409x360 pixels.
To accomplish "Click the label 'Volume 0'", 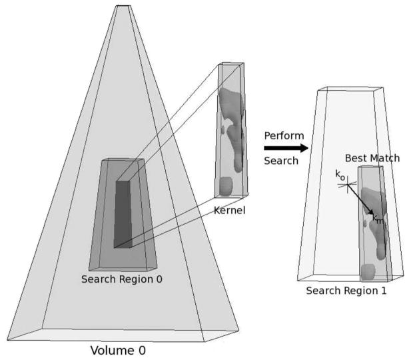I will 117,349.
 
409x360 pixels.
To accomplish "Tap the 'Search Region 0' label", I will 121,279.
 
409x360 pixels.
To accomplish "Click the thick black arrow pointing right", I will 286,148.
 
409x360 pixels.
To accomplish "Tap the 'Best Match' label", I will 372,158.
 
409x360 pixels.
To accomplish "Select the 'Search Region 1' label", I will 346,291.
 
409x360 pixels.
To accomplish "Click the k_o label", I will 340,176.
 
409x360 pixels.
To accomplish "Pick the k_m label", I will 377,219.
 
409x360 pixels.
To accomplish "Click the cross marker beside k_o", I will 348,187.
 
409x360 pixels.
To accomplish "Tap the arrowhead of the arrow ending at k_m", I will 370,212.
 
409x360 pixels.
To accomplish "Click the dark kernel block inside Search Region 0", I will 123,213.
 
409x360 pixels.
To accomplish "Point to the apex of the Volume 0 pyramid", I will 123,6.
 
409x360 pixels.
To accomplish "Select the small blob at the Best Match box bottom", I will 368,271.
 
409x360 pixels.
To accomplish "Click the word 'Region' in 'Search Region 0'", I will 136,279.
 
